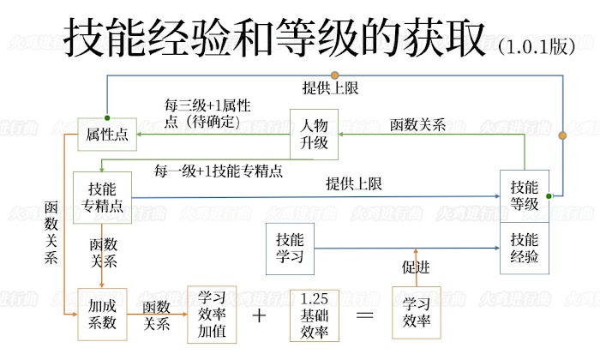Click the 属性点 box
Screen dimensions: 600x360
(107, 135)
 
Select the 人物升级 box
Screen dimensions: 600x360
(315, 135)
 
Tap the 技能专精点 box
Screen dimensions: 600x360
(102, 197)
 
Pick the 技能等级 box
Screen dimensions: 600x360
(525, 196)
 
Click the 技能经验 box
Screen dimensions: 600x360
(525, 249)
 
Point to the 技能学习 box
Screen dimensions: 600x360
(290, 249)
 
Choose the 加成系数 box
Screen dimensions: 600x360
(102, 315)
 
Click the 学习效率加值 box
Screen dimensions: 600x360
(212, 315)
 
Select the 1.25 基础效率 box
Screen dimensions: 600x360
(315, 315)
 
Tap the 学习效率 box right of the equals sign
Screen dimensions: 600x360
(417, 313)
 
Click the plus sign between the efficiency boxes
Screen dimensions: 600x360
(260, 315)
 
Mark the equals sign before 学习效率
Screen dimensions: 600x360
(365, 315)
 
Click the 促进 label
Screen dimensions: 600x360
(416, 267)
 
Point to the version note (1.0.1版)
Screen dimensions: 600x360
(537, 46)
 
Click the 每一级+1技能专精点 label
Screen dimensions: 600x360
(218, 171)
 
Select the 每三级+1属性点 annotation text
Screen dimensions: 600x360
(207, 114)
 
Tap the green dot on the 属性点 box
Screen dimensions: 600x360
(107, 118)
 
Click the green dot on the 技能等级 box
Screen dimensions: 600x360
(549, 196)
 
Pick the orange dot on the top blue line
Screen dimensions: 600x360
(335, 75)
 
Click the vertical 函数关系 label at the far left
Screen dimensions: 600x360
(51, 232)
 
